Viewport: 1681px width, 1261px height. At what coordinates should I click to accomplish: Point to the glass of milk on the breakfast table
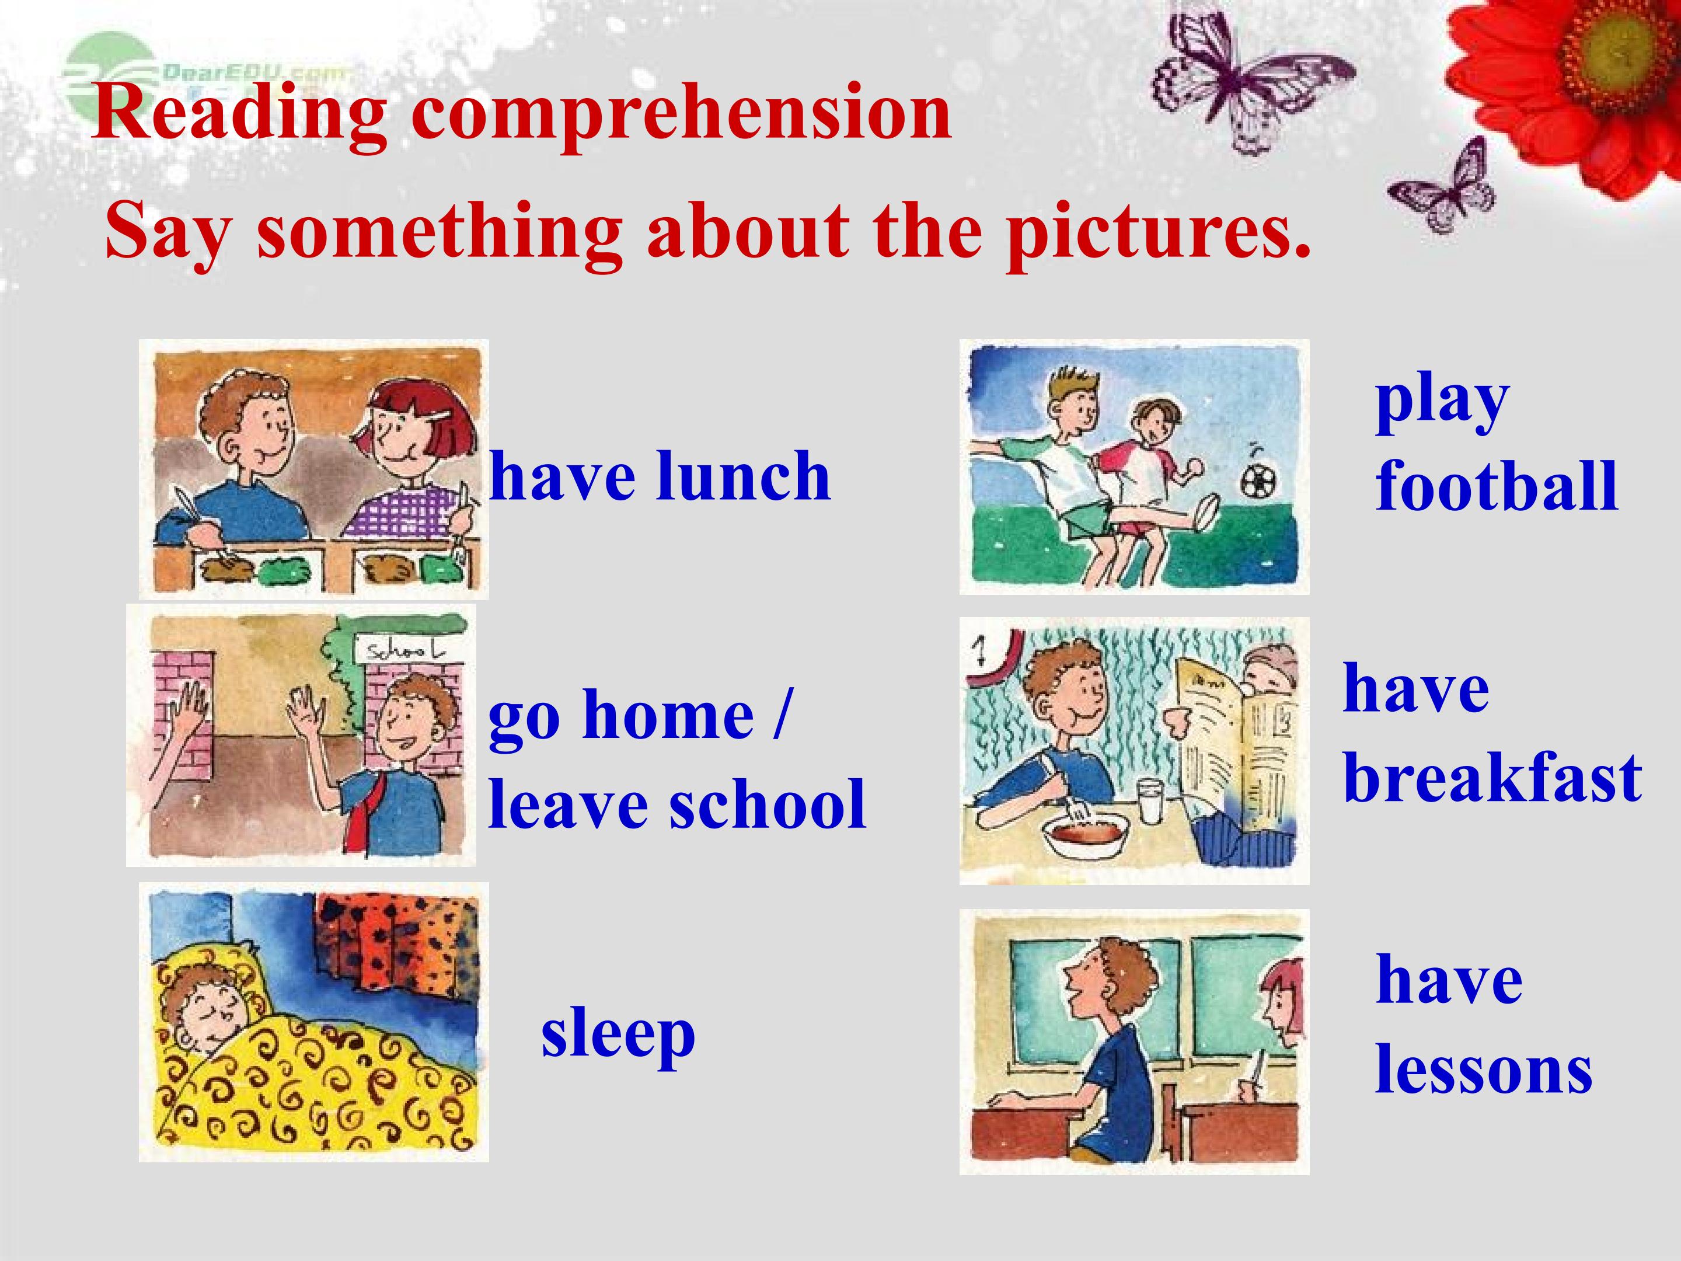[x=1152, y=800]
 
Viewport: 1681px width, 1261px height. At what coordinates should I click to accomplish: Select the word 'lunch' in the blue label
[x=744, y=476]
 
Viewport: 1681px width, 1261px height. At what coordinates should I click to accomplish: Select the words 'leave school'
[x=677, y=804]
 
